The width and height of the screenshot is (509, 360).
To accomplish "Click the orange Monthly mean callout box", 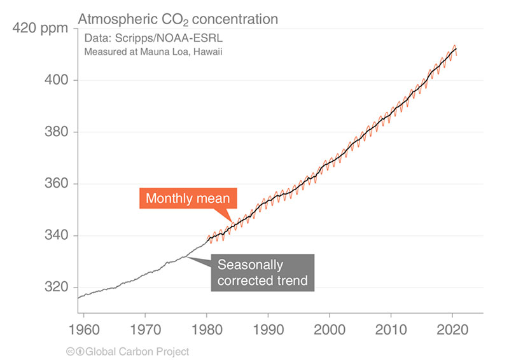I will (x=188, y=198).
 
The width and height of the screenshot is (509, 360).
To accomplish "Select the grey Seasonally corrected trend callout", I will (x=262, y=272).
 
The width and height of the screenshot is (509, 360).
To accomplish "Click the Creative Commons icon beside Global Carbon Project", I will (x=71, y=351).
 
